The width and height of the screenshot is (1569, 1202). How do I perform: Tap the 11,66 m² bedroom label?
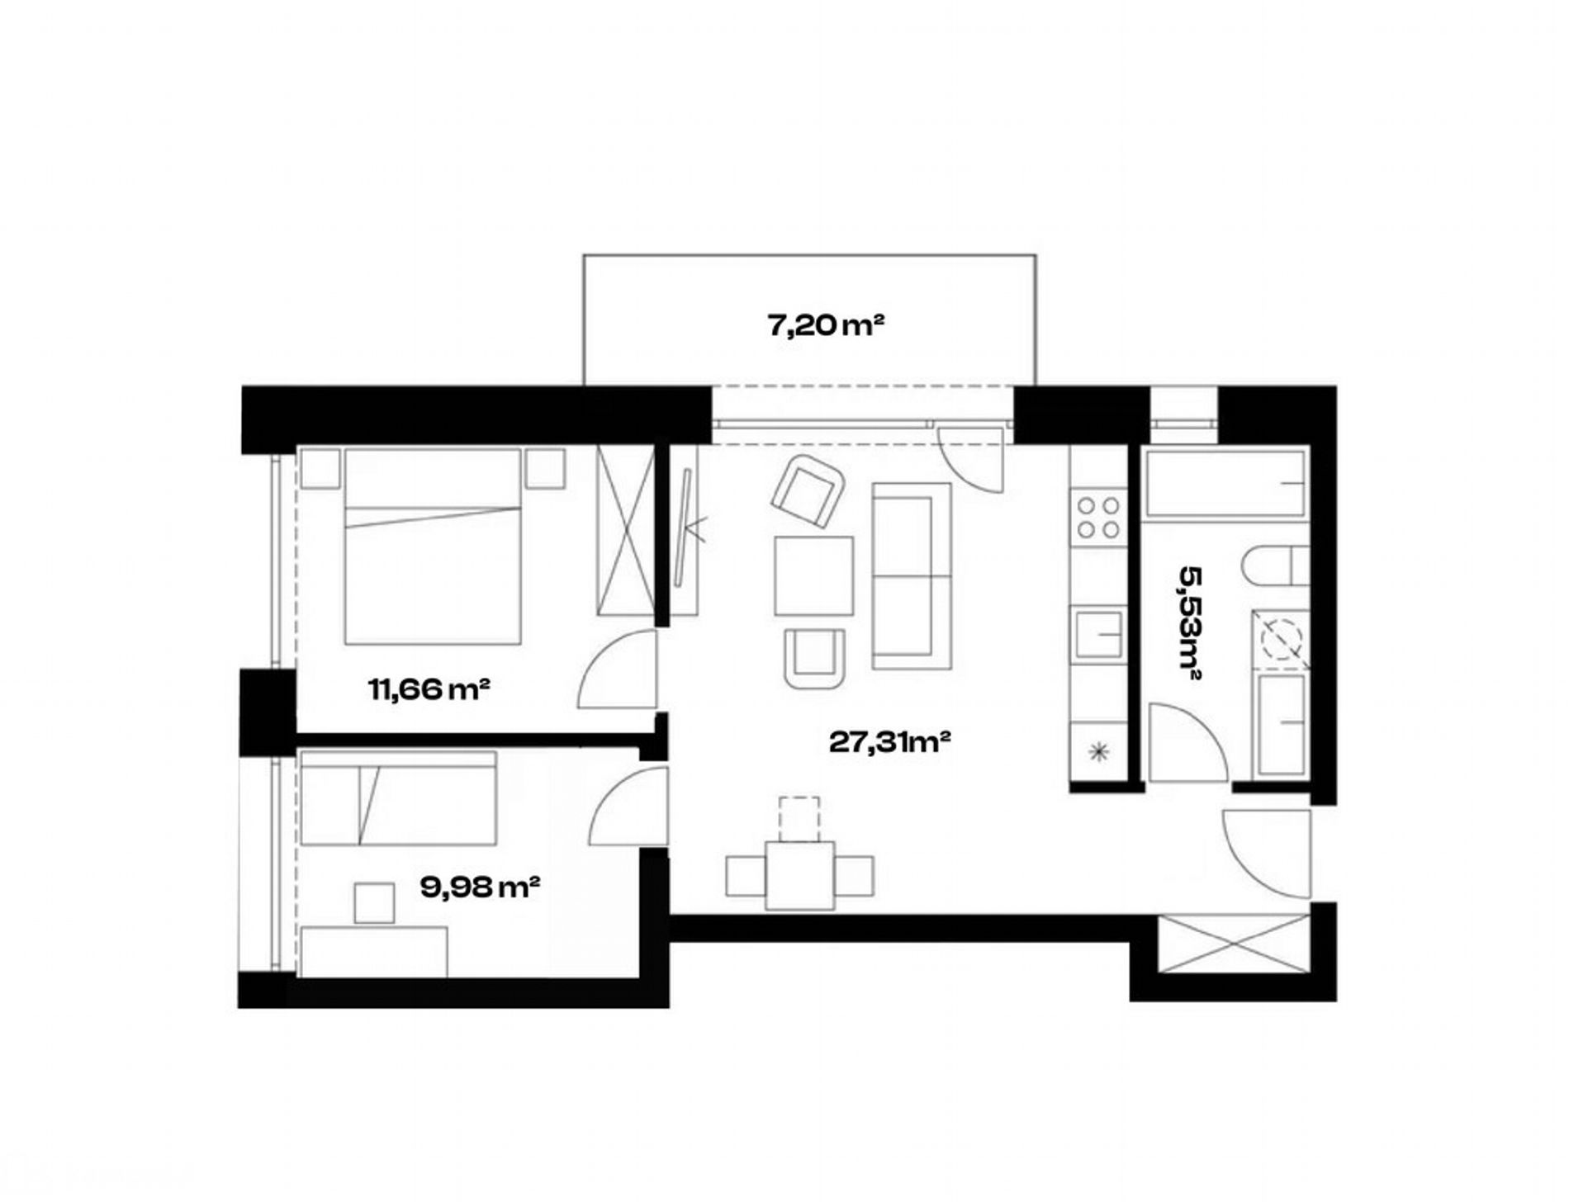pyautogui.click(x=429, y=688)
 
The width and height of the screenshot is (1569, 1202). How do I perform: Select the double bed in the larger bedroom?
pyautogui.click(x=433, y=546)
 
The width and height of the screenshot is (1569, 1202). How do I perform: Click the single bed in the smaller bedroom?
pyautogui.click(x=399, y=797)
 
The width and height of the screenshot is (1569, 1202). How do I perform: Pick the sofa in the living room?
pyautogui.click(x=912, y=576)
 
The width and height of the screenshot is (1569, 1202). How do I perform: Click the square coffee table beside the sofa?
pyautogui.click(x=814, y=575)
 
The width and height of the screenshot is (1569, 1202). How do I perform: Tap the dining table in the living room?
pyautogui.click(x=799, y=875)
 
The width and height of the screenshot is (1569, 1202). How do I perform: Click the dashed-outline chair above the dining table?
pyautogui.click(x=799, y=819)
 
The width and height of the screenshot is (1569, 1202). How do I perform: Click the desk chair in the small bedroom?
pyautogui.click(x=374, y=902)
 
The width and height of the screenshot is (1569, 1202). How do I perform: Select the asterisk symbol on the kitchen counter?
pyautogui.click(x=1097, y=750)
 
